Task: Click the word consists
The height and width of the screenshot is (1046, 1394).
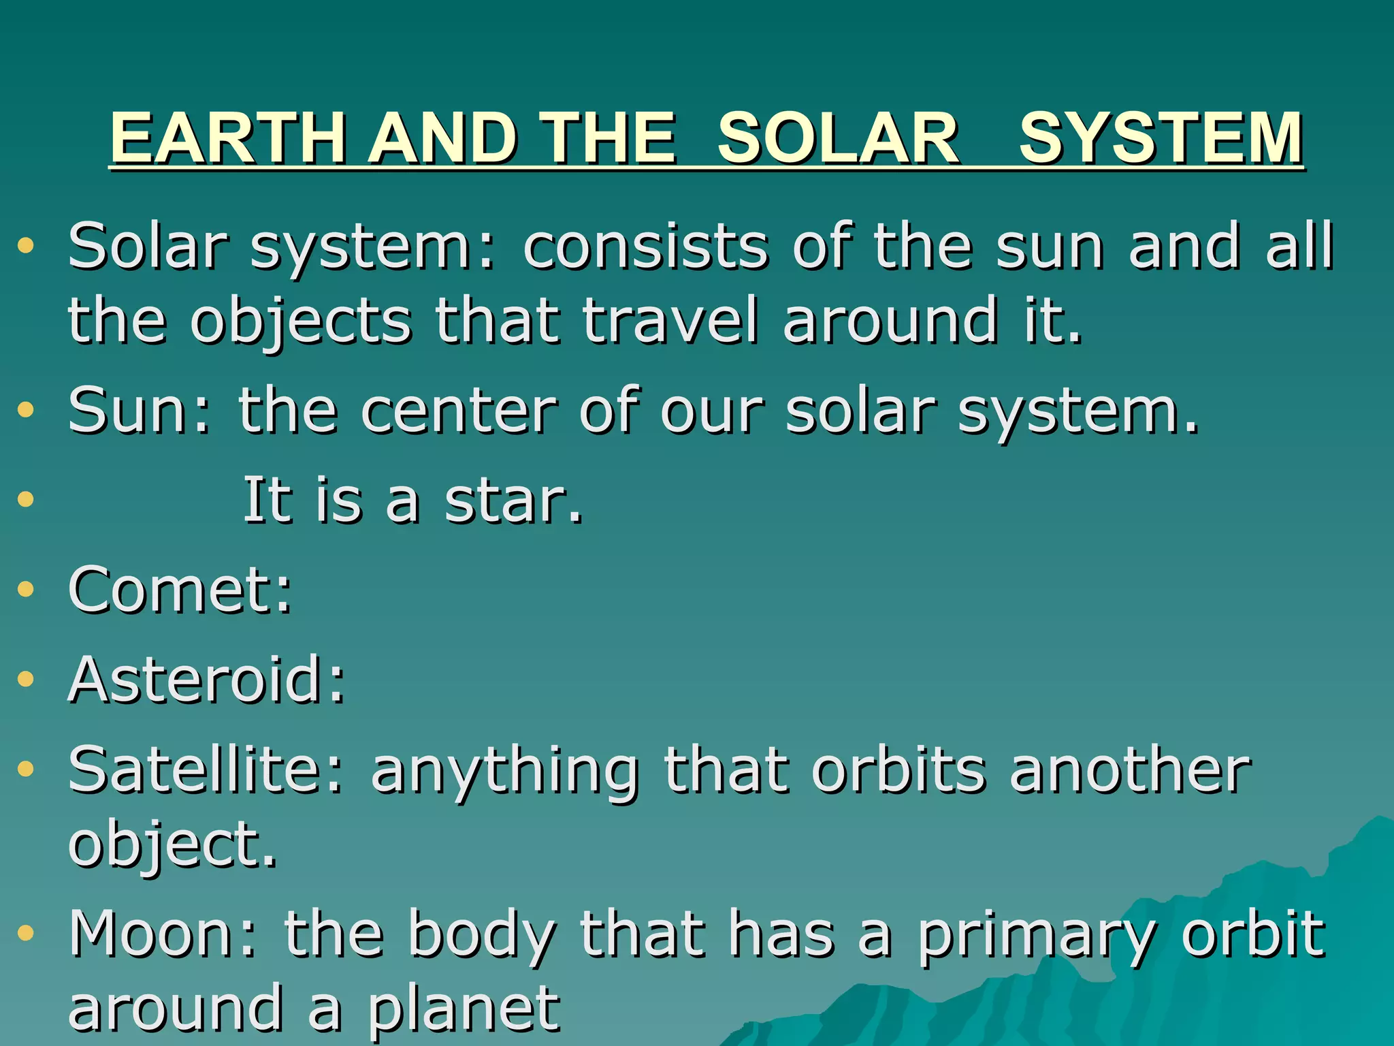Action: pos(645,246)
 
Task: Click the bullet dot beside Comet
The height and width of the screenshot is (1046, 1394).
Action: pos(26,589)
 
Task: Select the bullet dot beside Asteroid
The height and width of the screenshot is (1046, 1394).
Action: pos(26,678)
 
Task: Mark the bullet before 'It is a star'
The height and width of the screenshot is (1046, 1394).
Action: pos(26,500)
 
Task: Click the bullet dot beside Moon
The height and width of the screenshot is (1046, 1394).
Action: pos(26,932)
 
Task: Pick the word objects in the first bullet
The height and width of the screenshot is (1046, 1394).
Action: pos(301,321)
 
